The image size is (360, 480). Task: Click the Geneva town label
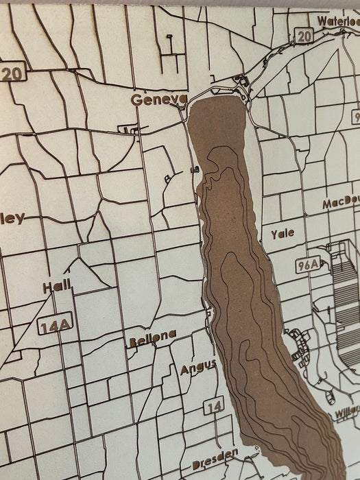(158, 100)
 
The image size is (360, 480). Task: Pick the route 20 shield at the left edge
(10, 73)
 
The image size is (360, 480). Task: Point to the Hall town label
(57, 287)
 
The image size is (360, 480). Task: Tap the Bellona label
(152, 336)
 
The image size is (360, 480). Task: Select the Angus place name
(199, 368)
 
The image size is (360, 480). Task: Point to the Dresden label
(215, 455)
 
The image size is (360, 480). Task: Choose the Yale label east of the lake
(282, 234)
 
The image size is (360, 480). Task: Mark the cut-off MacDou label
(341, 204)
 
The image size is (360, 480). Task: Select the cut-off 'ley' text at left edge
(12, 218)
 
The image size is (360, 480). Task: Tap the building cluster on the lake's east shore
(300, 346)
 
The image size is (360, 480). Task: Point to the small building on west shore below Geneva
(195, 169)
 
